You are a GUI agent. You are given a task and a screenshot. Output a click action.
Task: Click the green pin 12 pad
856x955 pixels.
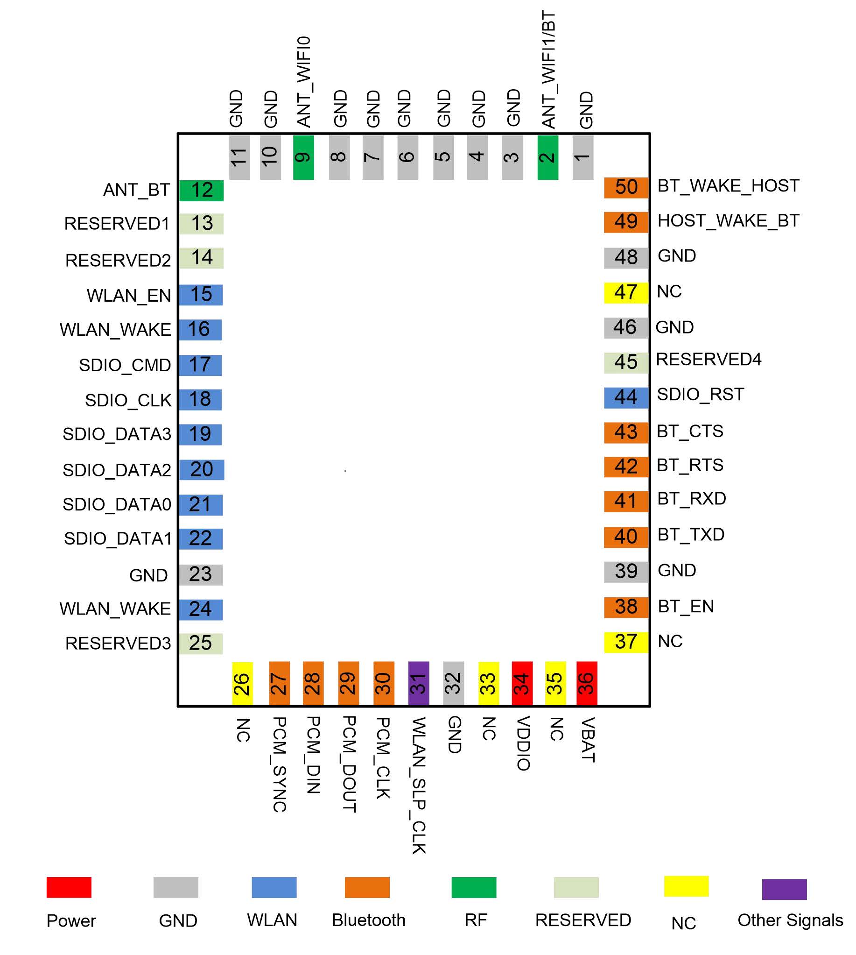coord(201,191)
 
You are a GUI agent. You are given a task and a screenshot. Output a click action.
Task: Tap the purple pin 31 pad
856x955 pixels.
coord(418,683)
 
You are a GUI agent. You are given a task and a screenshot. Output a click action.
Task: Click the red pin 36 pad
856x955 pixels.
coord(587,683)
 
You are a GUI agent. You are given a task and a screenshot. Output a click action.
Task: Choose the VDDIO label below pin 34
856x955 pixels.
coord(524,743)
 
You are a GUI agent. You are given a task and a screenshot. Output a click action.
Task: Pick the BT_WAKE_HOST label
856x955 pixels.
coord(728,186)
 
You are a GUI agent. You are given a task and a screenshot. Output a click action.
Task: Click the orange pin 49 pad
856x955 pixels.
coord(626,222)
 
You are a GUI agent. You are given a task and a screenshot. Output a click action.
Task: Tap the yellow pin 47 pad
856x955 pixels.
coord(626,293)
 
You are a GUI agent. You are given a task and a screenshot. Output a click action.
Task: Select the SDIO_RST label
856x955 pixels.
coord(700,395)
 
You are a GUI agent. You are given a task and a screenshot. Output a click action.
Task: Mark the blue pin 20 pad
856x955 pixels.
coord(201,470)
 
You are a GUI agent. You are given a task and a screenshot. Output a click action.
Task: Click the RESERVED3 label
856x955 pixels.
coord(118,644)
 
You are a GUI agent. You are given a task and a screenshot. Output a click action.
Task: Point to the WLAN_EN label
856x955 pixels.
coord(129,296)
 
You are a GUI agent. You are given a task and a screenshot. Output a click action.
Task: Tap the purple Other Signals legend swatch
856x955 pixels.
coord(784,889)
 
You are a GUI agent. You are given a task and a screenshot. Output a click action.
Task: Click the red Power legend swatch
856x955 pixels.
coord(69,887)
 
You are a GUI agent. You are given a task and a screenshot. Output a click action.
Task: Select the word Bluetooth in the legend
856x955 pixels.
coord(369,920)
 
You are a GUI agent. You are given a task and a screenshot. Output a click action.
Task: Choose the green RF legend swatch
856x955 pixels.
coord(474,887)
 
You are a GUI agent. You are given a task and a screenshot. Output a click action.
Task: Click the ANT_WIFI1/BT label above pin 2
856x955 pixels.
coord(548,70)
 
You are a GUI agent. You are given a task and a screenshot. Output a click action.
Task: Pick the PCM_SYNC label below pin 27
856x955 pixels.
coord(280,765)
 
